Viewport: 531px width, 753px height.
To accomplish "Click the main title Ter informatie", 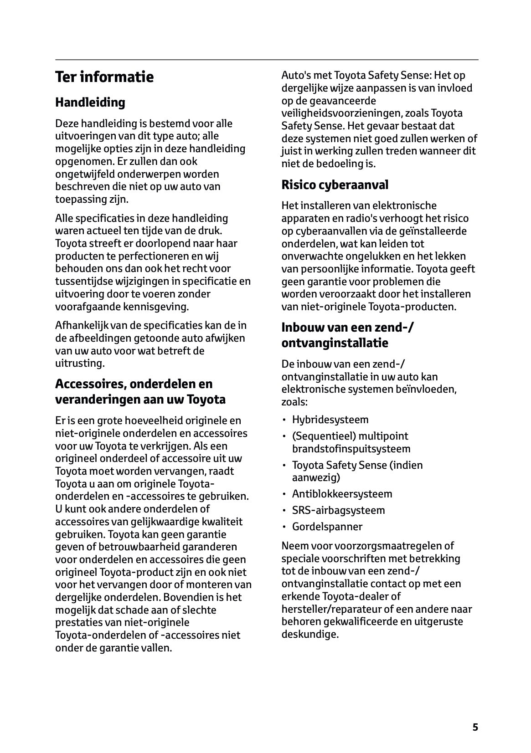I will (104, 77).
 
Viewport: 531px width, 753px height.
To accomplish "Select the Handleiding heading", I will (90, 102).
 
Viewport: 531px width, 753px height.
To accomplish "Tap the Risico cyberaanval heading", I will (335, 185).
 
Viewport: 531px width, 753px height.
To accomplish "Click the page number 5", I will (475, 727).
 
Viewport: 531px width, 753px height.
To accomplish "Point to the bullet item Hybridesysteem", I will (330, 420).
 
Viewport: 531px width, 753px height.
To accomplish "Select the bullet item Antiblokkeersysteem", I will (342, 494).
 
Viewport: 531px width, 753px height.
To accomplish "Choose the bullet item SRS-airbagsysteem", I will (338, 510).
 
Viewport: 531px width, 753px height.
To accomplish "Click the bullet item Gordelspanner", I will (327, 527).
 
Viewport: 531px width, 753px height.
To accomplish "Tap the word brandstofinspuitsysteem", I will (351, 449).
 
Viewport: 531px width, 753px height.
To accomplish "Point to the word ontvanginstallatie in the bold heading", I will (335, 343).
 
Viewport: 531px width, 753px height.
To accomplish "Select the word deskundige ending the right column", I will (309, 634).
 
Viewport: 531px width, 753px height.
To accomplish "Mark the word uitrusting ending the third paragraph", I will (79, 364).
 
